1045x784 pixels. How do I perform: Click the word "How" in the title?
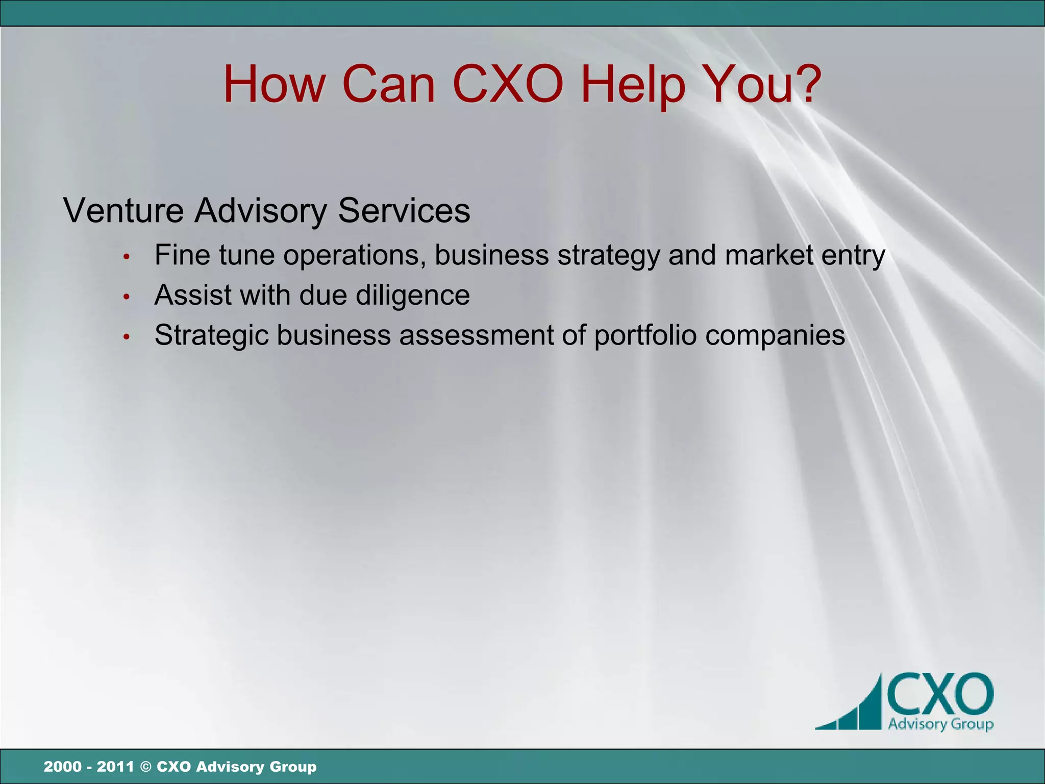(274, 84)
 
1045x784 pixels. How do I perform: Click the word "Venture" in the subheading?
(123, 210)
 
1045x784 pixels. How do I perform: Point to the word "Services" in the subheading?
(404, 210)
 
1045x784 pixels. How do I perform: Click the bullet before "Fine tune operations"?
(127, 256)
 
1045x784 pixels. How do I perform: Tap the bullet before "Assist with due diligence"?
(127, 297)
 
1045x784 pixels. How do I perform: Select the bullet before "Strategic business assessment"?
(127, 337)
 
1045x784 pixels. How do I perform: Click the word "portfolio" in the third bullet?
(645, 336)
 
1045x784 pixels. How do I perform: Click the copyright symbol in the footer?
(145, 767)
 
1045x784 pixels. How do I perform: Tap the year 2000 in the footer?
(62, 767)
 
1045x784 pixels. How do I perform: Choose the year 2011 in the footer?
(115, 767)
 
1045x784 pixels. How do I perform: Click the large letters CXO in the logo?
(940, 694)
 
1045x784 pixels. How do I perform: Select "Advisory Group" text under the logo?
(940, 724)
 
